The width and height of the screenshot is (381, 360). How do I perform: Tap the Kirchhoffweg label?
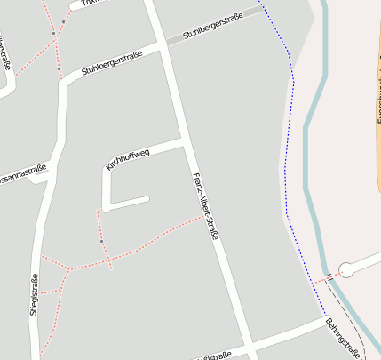click(128, 160)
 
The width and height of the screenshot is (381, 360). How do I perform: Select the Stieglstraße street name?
click(35, 294)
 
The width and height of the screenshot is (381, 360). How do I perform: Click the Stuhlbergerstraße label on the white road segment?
click(112, 62)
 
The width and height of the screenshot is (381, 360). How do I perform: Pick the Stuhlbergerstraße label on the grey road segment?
click(213, 27)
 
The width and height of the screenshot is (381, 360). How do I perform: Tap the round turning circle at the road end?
click(346, 267)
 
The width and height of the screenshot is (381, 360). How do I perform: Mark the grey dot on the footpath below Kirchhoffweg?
click(101, 241)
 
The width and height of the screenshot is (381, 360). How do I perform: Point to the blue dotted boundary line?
click(290, 133)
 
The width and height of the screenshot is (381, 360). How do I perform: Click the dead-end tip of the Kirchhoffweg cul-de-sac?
click(147, 199)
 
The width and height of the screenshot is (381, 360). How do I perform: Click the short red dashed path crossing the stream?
click(321, 279)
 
